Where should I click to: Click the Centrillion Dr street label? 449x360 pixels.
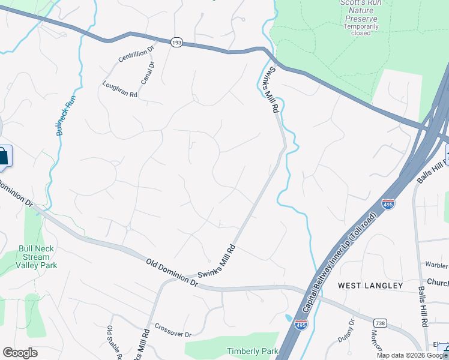[x=137, y=52]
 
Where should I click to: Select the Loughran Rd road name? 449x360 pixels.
[x=120, y=90]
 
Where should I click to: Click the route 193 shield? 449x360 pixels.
[x=176, y=43]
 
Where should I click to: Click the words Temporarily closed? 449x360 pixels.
[x=361, y=29]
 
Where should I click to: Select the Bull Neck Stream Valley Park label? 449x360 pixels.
[x=36, y=257]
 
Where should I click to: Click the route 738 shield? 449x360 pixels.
[x=379, y=323]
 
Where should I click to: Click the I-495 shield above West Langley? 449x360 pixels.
[x=388, y=205]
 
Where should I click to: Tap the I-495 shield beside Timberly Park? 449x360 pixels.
[x=301, y=325]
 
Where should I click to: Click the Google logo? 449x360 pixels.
[x=20, y=353]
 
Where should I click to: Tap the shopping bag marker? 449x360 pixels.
[x=4, y=157]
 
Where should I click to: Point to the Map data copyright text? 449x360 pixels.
[x=412, y=355]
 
